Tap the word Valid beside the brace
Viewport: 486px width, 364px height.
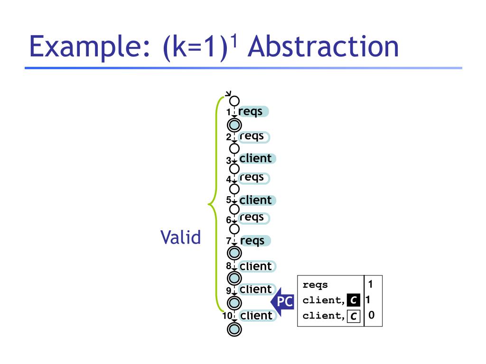pyautogui.click(x=180, y=237)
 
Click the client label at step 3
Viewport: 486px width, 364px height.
pyautogui.click(x=256, y=158)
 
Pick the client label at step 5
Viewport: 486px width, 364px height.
pyautogui.click(x=256, y=200)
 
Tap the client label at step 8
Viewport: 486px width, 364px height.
pyautogui.click(x=256, y=266)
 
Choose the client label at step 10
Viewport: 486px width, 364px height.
pyautogui.click(x=256, y=315)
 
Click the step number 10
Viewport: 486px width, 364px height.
pyautogui.click(x=227, y=316)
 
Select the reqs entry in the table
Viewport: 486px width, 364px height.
pyautogui.click(x=315, y=285)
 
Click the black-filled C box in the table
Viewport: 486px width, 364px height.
pyautogui.click(x=353, y=300)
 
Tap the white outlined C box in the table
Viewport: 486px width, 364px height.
pyautogui.click(x=353, y=316)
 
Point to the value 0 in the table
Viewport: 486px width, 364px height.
pyautogui.click(x=371, y=315)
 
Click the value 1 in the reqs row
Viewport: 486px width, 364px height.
pyautogui.click(x=370, y=284)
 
